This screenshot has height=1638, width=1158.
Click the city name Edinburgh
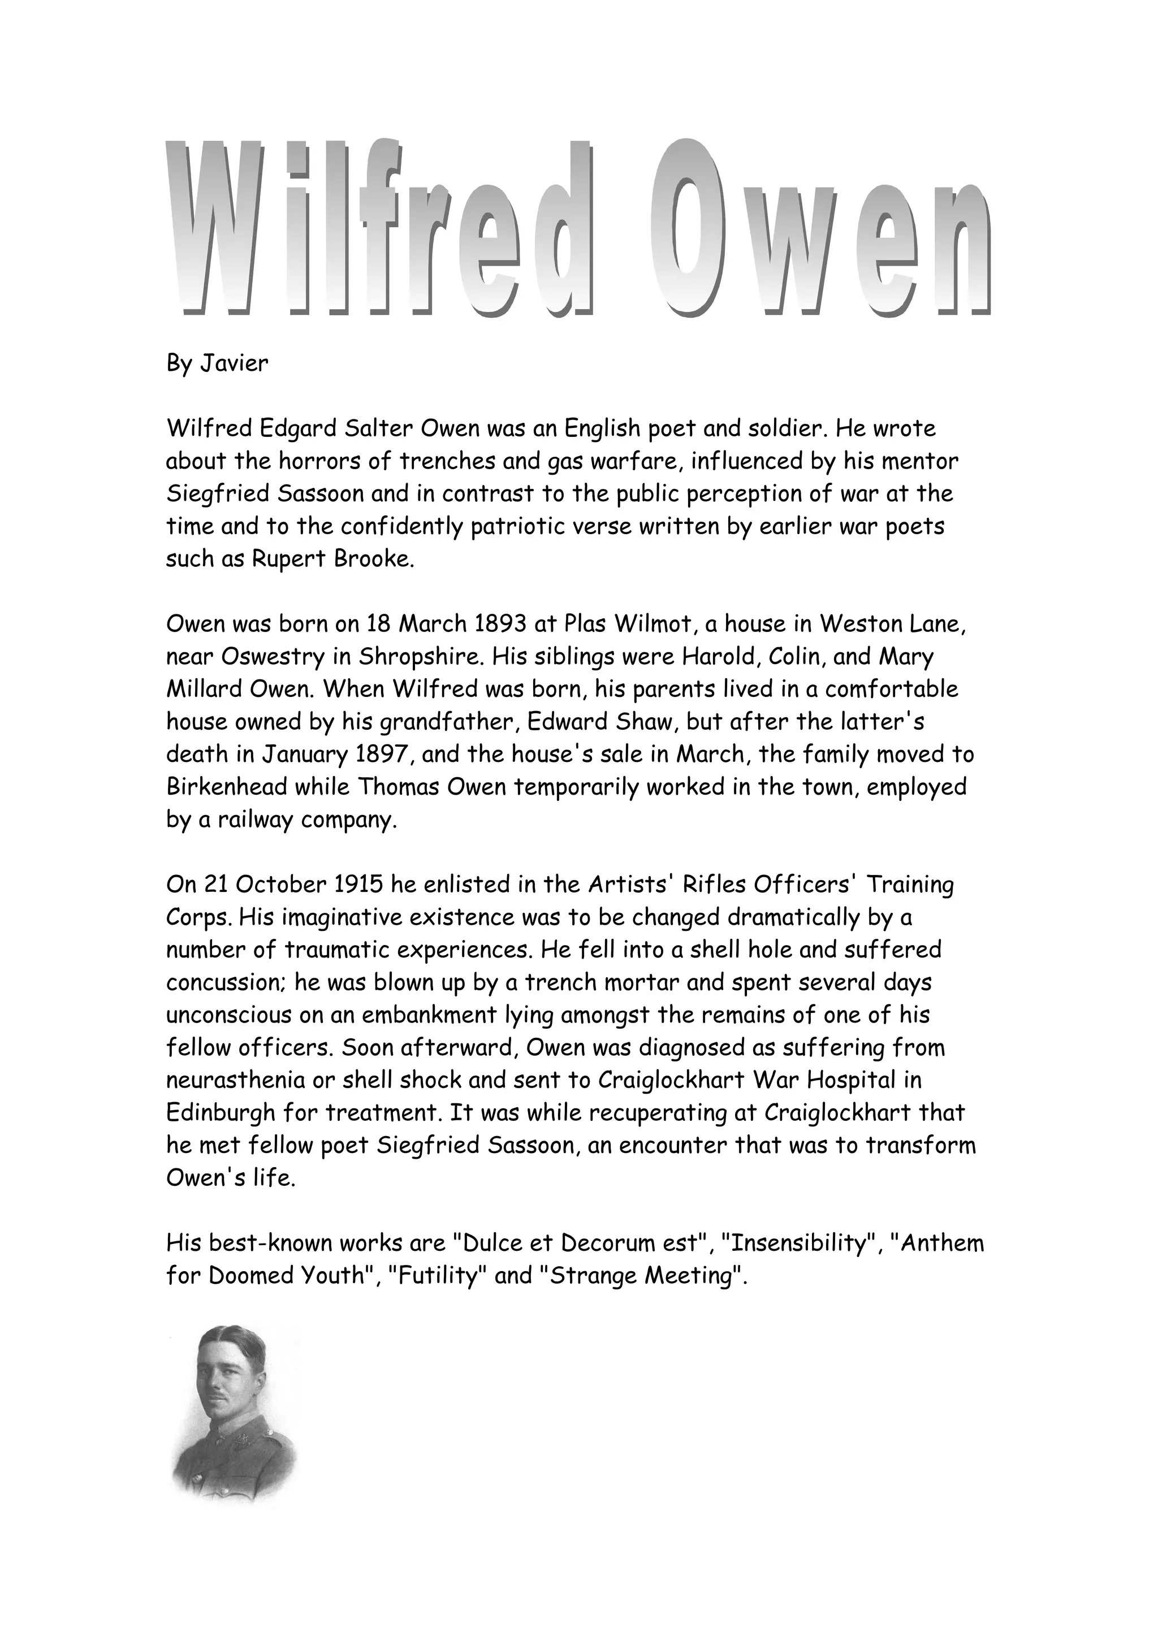[221, 1113]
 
